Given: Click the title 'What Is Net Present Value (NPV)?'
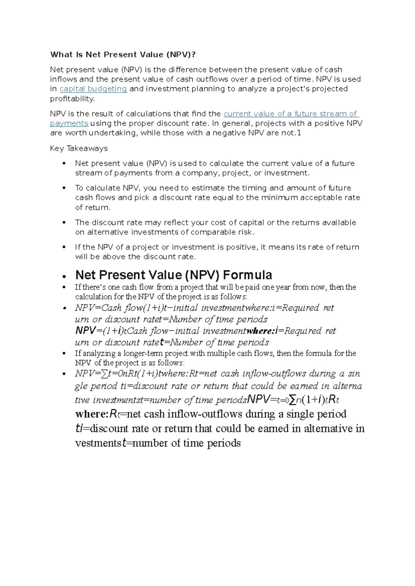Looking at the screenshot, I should [125, 55].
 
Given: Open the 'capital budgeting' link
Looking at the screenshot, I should [93, 89].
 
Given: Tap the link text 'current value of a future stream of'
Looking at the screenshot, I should [291, 114].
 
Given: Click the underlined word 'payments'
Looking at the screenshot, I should [69, 123].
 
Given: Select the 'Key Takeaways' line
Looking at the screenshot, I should [79, 148].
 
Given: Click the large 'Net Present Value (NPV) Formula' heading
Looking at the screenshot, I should [174, 275].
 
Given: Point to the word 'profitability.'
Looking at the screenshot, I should [72, 99].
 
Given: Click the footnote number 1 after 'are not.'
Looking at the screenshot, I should [299, 133].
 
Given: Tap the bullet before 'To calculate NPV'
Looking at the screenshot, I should [64, 188].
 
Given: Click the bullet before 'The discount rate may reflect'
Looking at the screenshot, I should [64, 223].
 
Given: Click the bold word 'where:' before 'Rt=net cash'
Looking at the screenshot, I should [92, 414].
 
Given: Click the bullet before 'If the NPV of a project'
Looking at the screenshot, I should [64, 247].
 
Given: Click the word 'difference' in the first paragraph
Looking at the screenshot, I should [187, 69].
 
